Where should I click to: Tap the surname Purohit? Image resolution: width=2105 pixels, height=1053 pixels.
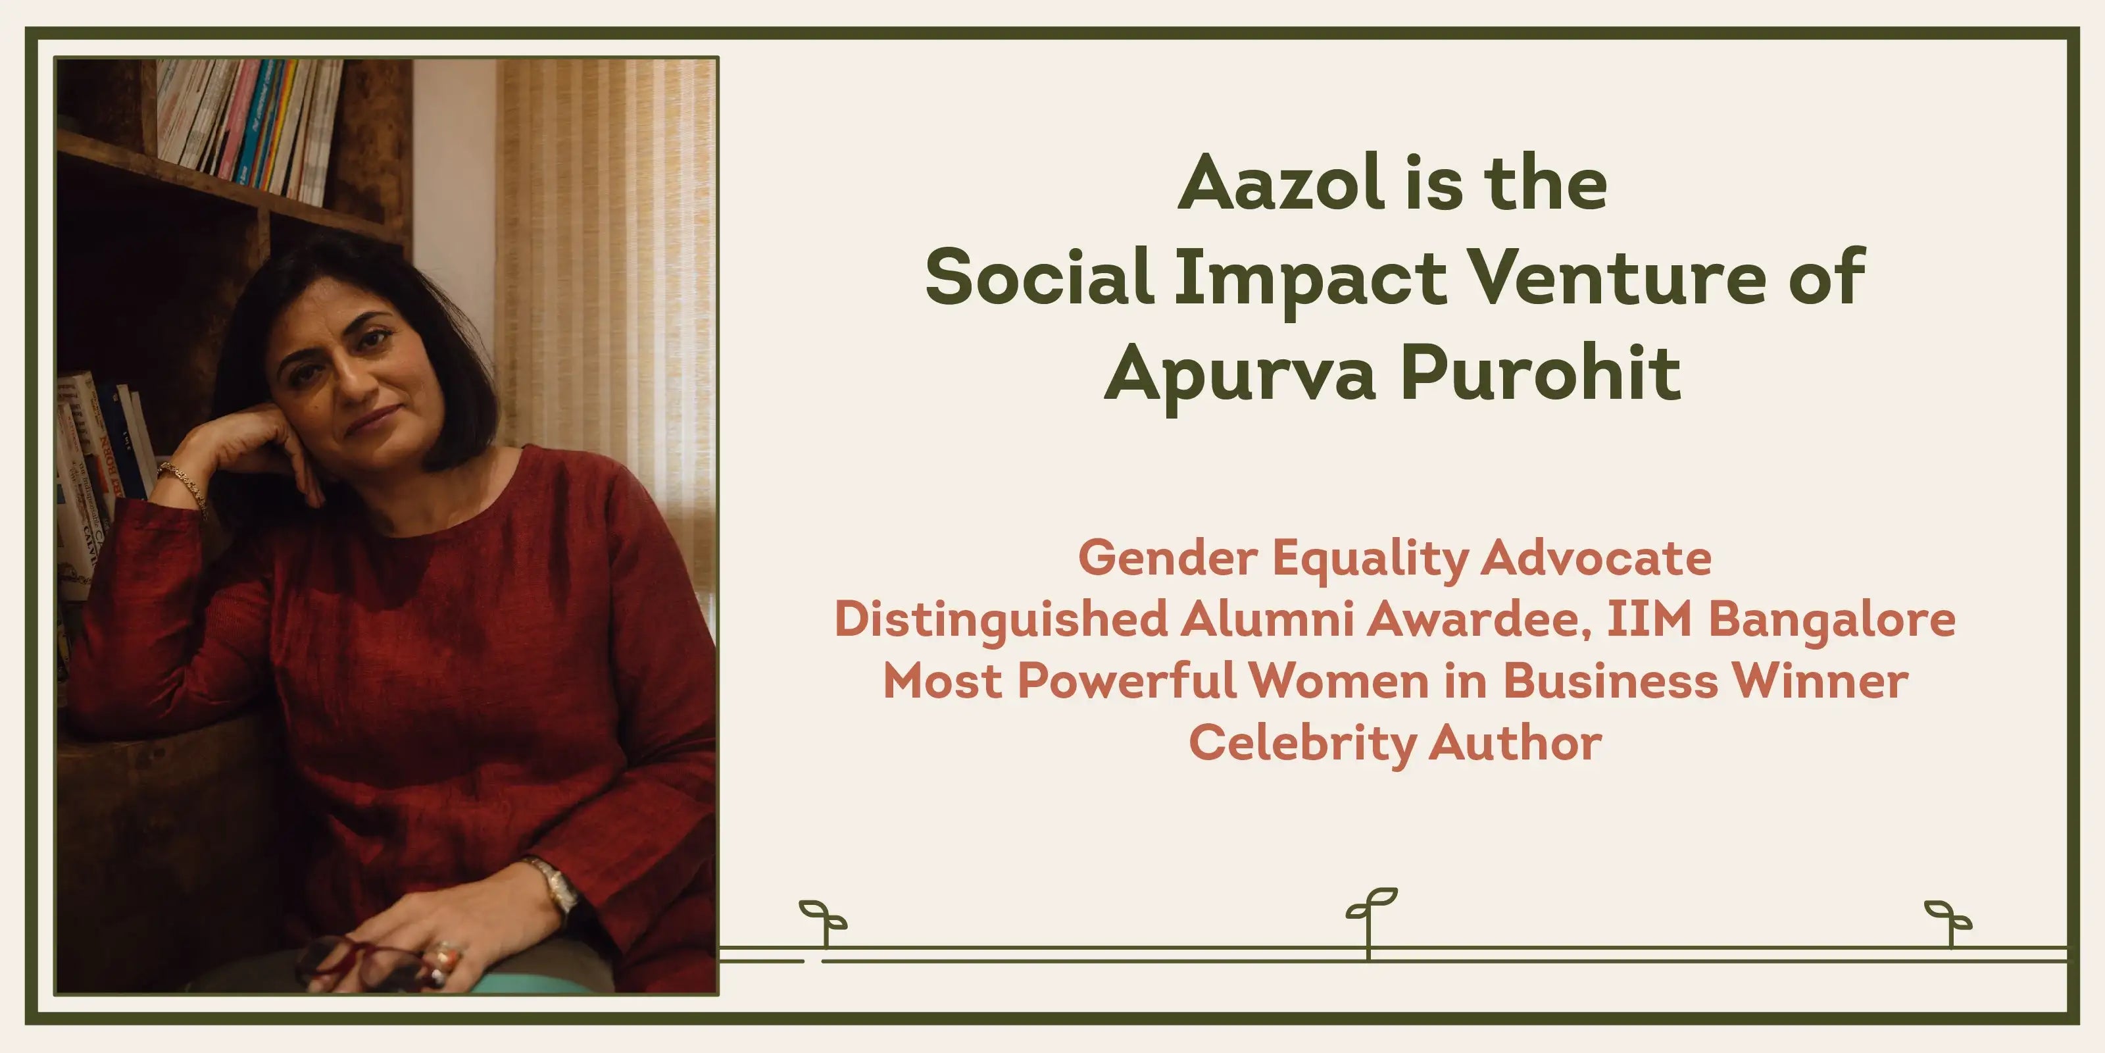tap(1541, 372)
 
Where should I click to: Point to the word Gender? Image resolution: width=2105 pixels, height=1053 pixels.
tap(1168, 557)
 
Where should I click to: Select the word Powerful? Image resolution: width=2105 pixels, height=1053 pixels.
tap(1127, 681)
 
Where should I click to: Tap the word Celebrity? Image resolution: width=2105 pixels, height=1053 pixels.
tap(1302, 744)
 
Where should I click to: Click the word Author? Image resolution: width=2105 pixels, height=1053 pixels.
tap(1516, 742)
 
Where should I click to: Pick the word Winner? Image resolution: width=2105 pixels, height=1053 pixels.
tap(1821, 681)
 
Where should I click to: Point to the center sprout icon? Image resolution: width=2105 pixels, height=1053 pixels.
tap(1370, 922)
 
